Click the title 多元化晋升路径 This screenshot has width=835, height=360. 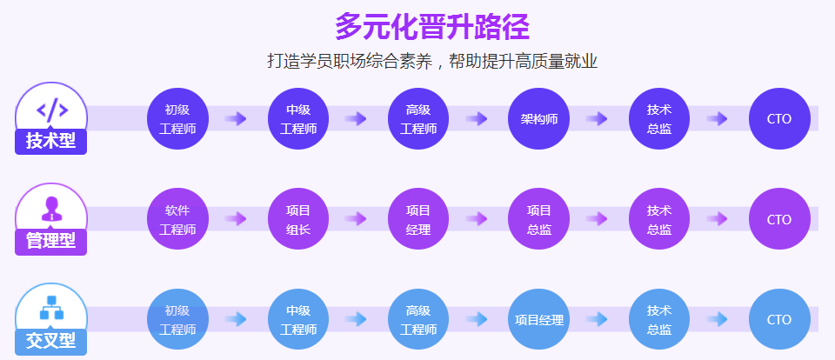pyautogui.click(x=432, y=27)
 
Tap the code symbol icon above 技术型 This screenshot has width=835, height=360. pyautogui.click(x=52, y=110)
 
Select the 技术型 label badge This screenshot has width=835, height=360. pyautogui.click(x=50, y=142)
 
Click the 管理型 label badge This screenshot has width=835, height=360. pyautogui.click(x=50, y=242)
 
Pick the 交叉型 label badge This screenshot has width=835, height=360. pyautogui.click(x=50, y=342)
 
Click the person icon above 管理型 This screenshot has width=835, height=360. pyautogui.click(x=51, y=209)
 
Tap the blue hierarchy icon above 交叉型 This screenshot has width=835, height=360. pyautogui.click(x=51, y=308)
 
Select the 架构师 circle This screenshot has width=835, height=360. pyautogui.click(x=539, y=119)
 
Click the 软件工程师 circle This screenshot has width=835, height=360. pyautogui.click(x=177, y=219)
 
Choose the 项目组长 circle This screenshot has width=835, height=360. pyautogui.click(x=298, y=219)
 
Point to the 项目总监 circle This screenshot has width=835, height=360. pyautogui.click(x=539, y=219)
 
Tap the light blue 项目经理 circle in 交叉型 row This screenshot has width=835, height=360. pyautogui.click(x=539, y=319)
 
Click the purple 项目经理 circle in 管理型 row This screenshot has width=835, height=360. pyautogui.click(x=418, y=219)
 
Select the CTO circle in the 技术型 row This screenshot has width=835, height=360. pyautogui.click(x=779, y=119)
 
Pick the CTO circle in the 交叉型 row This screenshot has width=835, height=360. pyautogui.click(x=779, y=319)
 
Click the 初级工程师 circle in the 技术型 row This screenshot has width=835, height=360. pyautogui.click(x=177, y=119)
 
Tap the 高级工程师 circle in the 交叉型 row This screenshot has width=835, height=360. pyautogui.click(x=418, y=319)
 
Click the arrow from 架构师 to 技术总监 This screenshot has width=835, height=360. pyautogui.click(x=597, y=119)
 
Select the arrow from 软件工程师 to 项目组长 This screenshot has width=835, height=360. pyautogui.click(x=236, y=219)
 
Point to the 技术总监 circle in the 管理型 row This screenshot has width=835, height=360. pyautogui.click(x=659, y=219)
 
